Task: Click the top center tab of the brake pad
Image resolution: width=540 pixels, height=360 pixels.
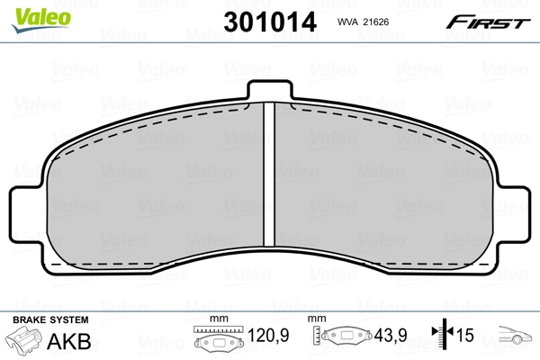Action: pos(268,91)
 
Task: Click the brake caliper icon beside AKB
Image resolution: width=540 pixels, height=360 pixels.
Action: pos(25,343)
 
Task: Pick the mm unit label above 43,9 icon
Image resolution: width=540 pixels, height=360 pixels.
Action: pos(317,319)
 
